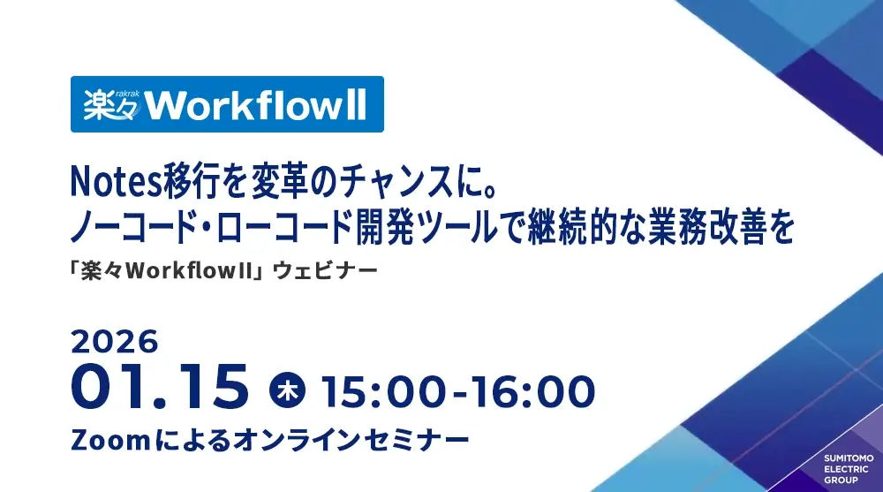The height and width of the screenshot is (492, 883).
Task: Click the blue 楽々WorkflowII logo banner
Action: coord(227,104)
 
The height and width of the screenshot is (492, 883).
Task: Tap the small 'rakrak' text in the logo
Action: coord(127,94)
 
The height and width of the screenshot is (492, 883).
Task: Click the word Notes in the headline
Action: coord(117,183)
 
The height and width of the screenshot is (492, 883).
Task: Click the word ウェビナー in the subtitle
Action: coord(325,271)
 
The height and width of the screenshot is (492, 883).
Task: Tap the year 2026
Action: coord(114,342)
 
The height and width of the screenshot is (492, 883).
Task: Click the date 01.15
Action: coord(159,387)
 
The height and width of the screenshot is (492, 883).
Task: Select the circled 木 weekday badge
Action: coord(287,390)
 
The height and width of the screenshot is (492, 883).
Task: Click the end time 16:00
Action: coord(532,391)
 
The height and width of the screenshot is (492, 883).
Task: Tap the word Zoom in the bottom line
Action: coord(110,440)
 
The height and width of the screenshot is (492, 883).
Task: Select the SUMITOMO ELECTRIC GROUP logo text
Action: coord(849,469)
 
